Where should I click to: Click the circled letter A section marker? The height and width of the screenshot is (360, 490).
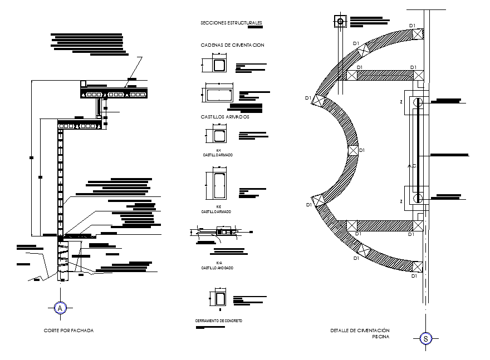point(60,307)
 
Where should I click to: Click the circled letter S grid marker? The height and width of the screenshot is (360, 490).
point(426,338)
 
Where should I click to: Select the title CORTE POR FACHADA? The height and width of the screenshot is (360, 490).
point(68,331)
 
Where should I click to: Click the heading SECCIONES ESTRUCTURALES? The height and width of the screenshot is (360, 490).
point(231,23)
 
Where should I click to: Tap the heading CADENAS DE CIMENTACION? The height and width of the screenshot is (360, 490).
point(232,45)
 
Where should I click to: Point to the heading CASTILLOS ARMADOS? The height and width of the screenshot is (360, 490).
point(225,117)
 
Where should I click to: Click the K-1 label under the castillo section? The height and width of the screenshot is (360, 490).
point(218,151)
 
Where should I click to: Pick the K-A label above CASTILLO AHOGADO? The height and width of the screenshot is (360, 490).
point(218,263)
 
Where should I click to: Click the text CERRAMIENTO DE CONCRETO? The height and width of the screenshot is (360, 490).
point(218,321)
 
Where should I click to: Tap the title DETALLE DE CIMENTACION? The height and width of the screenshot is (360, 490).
point(360,331)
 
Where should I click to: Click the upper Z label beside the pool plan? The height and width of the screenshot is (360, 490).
point(401,102)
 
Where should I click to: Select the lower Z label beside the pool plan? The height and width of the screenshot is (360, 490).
point(401,201)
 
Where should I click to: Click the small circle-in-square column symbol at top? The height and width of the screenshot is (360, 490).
point(340,22)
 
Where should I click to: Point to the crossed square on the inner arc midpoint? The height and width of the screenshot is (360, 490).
point(352,150)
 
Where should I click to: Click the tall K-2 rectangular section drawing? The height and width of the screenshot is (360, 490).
point(218,185)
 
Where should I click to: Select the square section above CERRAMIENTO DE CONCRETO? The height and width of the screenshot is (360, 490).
point(218,299)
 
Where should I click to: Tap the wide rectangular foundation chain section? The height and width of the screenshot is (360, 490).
point(219,95)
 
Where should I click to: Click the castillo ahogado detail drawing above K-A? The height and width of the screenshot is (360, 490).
point(219,231)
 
